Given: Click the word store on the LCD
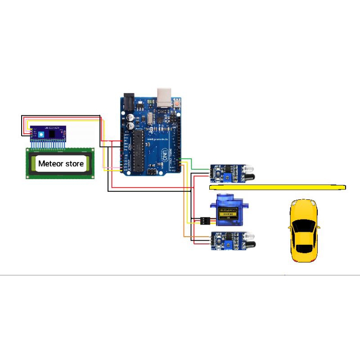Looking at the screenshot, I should coord(75,163).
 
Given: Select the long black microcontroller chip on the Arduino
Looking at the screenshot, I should coord(138,151).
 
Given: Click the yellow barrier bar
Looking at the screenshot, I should coord(277,187).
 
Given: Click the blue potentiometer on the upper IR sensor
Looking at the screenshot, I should coord(233,170).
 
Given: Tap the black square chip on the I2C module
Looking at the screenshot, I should coord(53,134).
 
